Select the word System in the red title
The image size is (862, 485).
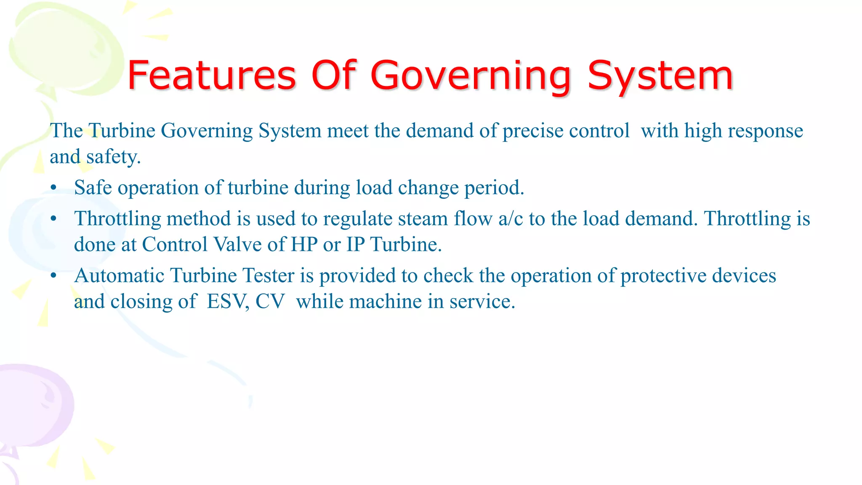[660, 77]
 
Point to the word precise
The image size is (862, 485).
[532, 131]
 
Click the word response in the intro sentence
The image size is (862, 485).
[765, 131]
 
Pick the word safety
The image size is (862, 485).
[113, 157]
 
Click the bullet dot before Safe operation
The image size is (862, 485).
[53, 188]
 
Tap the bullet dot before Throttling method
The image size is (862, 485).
[53, 219]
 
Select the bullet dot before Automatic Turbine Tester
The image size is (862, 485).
[53, 276]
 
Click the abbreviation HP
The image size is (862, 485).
[304, 245]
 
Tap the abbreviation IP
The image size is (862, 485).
[355, 245]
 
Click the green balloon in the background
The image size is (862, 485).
[63, 46]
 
